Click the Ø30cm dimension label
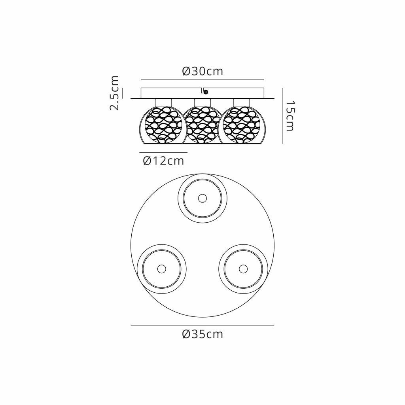[202, 71]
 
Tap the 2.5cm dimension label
[114, 93]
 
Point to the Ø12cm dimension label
[163, 161]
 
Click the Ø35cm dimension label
[202, 334]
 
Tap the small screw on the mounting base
[206, 92]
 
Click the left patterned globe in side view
[163, 125]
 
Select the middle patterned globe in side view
[202, 125]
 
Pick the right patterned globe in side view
[242, 125]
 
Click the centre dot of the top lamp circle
[202, 199]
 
